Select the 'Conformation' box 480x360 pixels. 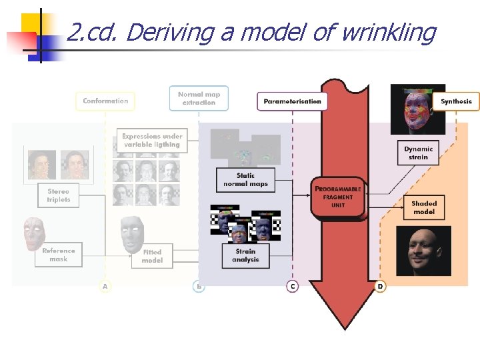pos(105,101)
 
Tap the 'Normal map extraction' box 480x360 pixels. pos(199,98)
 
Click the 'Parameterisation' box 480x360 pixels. pos(292,101)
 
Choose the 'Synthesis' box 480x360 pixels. pos(456,101)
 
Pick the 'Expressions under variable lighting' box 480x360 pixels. pos(151,140)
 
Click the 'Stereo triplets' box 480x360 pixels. pos(59,195)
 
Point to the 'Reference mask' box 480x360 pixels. pos(59,255)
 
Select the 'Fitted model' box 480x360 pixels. pos(152,256)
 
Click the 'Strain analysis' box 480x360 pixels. pos(245,255)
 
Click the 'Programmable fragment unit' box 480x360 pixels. pos(338,197)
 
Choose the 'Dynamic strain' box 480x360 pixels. pos(418,153)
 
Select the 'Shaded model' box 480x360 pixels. pos(424,207)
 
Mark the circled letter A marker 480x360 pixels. pos(105,286)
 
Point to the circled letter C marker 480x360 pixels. pos(292,286)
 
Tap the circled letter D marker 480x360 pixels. pos(380,286)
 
